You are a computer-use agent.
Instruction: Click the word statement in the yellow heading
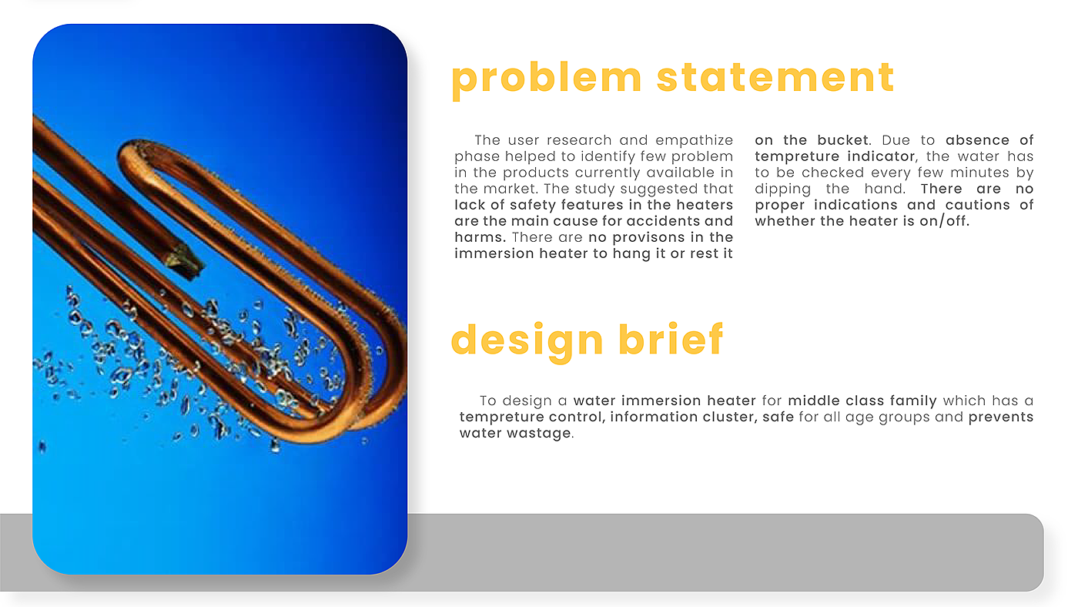tap(775, 78)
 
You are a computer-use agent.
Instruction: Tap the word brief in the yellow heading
tap(671, 340)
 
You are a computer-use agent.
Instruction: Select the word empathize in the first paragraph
tap(694, 140)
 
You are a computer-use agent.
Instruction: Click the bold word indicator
tap(882, 156)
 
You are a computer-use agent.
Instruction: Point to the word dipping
tap(782, 189)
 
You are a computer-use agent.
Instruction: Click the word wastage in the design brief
tap(541, 433)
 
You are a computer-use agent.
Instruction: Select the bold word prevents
tap(1000, 418)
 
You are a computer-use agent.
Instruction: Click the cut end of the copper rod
tap(185, 261)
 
